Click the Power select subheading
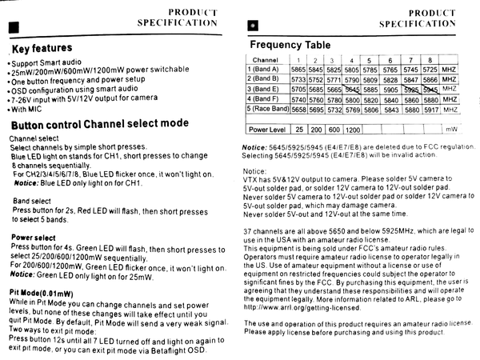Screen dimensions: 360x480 click(x=34, y=238)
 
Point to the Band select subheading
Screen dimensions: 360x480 click(x=32, y=200)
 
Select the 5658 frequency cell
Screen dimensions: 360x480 click(x=298, y=109)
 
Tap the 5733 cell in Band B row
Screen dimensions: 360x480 click(x=298, y=79)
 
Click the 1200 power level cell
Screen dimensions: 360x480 click(x=352, y=129)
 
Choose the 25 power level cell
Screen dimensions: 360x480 click(x=298, y=129)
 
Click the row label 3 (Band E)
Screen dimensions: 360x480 click(x=265, y=90)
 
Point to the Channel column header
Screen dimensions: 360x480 click(x=265, y=60)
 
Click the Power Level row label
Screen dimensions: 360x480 click(x=267, y=129)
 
